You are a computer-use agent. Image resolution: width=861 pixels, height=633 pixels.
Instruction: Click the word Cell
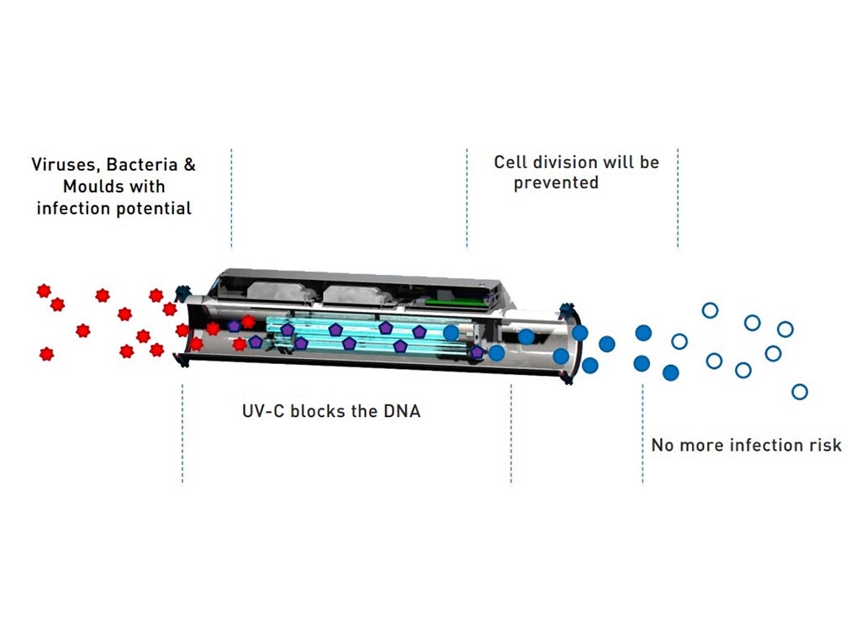510,161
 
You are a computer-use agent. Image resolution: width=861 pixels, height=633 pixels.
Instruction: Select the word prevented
556,182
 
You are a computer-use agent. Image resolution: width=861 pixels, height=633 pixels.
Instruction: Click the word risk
825,445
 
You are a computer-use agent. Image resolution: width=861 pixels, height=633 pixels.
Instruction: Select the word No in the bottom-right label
663,445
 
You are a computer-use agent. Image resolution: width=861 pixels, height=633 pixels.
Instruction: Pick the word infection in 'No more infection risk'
763,445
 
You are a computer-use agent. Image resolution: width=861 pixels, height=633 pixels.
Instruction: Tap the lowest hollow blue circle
800,392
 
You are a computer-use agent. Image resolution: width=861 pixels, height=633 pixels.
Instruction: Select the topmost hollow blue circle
710,310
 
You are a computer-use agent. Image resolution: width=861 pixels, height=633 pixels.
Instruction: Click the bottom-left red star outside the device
46,354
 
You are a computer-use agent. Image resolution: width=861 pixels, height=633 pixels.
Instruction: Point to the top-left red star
43,291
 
